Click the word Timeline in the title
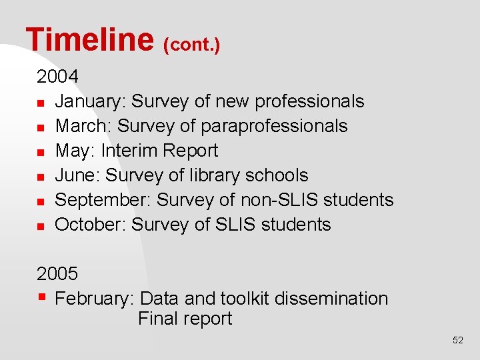tap(89, 39)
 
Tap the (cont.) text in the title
tap(192, 45)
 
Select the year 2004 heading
tap(57, 77)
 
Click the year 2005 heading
tap(57, 274)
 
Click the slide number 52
tap(457, 340)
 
